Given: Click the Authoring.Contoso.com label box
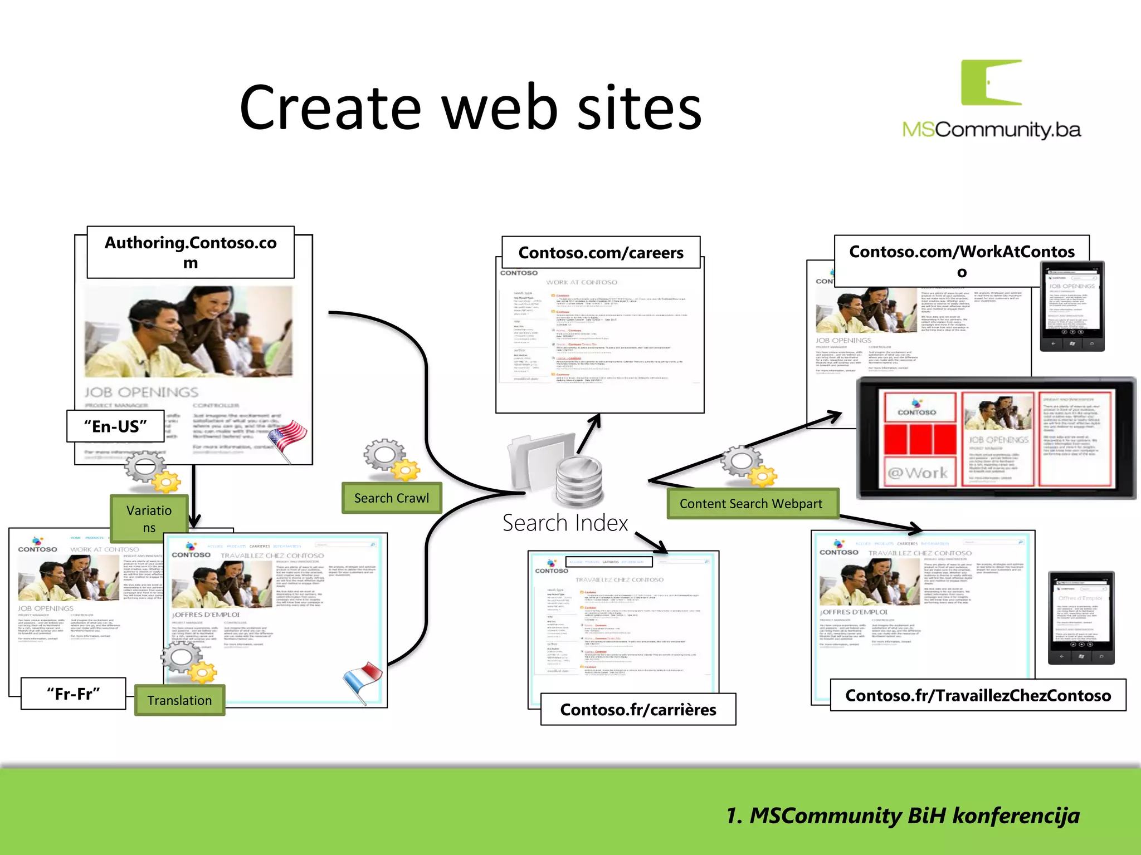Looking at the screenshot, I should pyautogui.click(x=191, y=252).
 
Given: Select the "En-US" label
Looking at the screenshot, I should pyautogui.click(x=115, y=426).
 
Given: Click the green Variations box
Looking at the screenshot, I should pyautogui.click(x=149, y=518).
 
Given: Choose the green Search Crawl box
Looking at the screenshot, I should pyautogui.click(x=392, y=498).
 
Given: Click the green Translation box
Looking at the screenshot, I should pyautogui.click(x=179, y=700).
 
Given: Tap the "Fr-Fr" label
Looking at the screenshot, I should pyautogui.click(x=73, y=694).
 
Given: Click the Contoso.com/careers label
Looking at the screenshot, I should pyautogui.click(x=601, y=253).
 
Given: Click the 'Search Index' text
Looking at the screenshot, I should pyautogui.click(x=565, y=523).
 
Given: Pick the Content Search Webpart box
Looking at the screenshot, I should pyautogui.click(x=750, y=503).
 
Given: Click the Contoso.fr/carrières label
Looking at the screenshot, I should pyautogui.click(x=638, y=709).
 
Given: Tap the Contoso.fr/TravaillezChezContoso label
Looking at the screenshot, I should pyautogui.click(x=978, y=695).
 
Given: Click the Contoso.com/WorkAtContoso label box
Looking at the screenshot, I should pyautogui.click(x=962, y=261).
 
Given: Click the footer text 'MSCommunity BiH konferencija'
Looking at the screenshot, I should pyautogui.click(x=903, y=815).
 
